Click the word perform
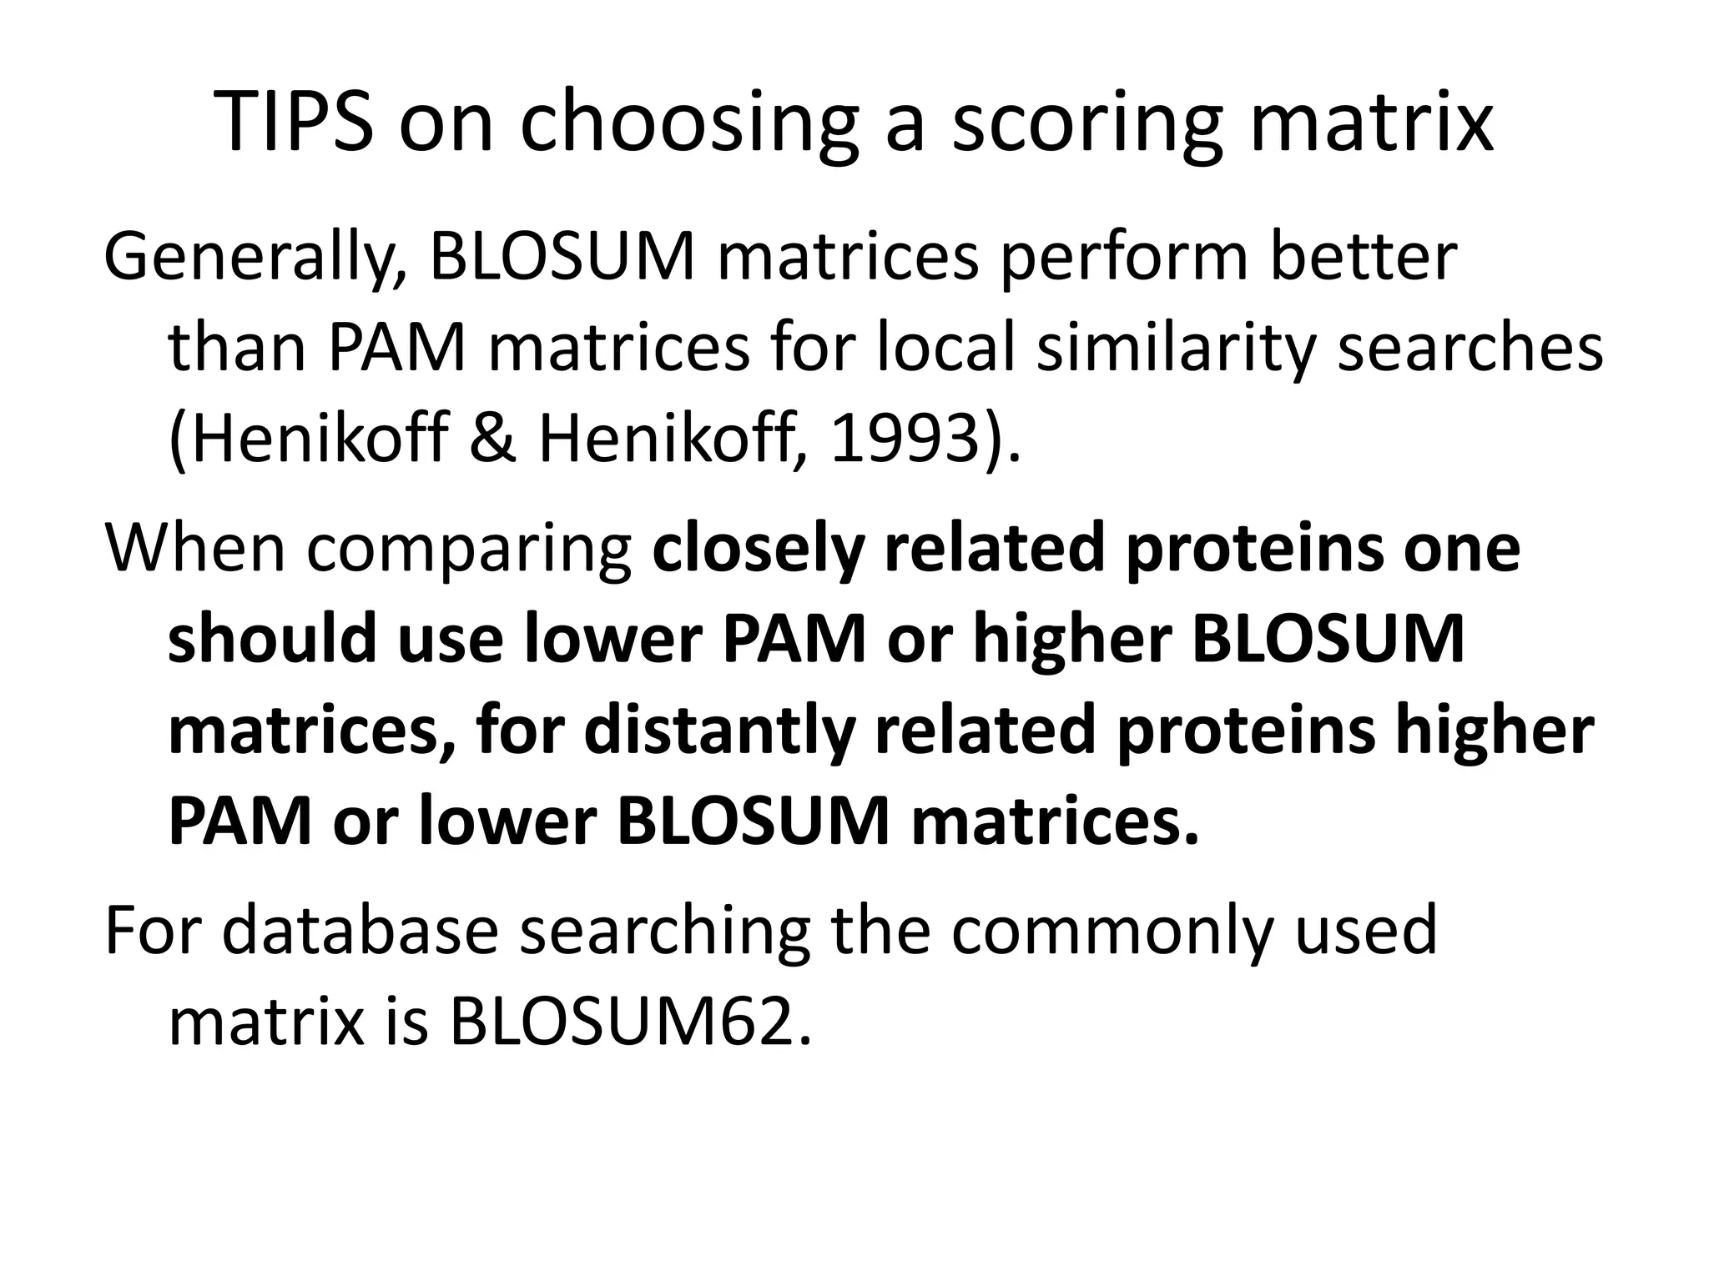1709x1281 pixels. coord(1123,259)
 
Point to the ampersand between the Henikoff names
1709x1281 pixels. coord(492,440)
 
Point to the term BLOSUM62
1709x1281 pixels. coord(629,1022)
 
